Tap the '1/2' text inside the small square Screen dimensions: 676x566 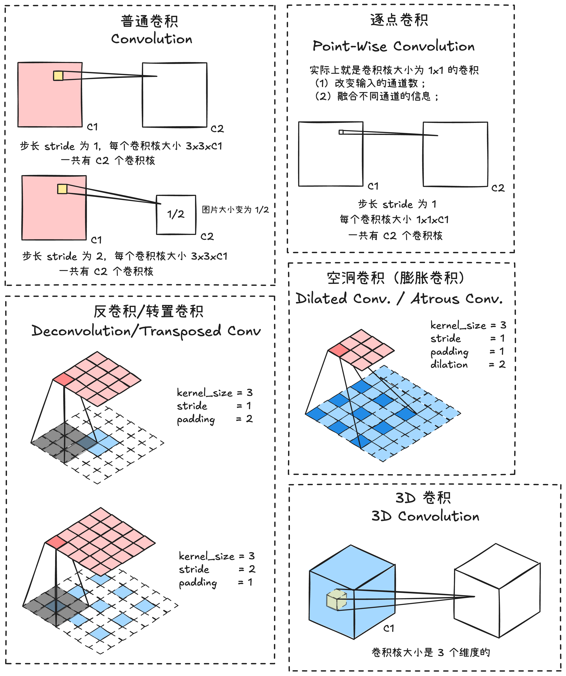[x=176, y=214]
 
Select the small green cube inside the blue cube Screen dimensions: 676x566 [x=336, y=600]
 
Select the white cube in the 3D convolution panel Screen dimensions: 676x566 [x=497, y=591]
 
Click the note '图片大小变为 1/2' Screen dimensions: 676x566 [x=235, y=210]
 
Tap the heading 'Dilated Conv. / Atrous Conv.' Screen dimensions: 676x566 [x=399, y=299]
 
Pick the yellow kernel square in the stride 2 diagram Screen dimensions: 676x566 [x=62, y=189]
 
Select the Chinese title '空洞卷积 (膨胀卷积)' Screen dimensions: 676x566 [x=396, y=278]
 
